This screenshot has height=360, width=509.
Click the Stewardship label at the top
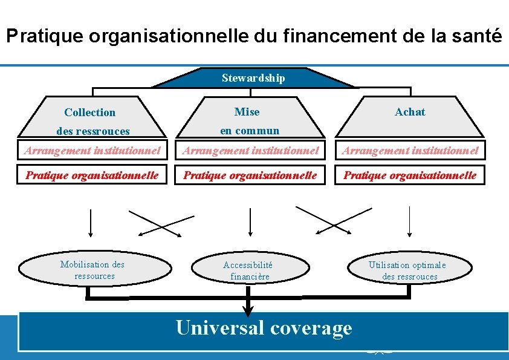point(253,78)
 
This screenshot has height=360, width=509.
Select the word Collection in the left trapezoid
point(89,113)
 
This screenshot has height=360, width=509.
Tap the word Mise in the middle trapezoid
point(247,112)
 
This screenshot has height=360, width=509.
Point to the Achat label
point(410,112)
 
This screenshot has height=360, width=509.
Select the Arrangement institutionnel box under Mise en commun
point(251,150)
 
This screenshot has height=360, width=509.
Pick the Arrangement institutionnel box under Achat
point(410,150)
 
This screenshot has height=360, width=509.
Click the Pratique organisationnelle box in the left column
point(92,175)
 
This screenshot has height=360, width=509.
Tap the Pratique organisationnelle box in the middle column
point(251,175)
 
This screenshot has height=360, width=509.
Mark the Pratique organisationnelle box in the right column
point(410,175)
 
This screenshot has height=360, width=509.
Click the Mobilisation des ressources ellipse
point(92,270)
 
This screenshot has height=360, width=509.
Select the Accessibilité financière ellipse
point(248,270)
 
